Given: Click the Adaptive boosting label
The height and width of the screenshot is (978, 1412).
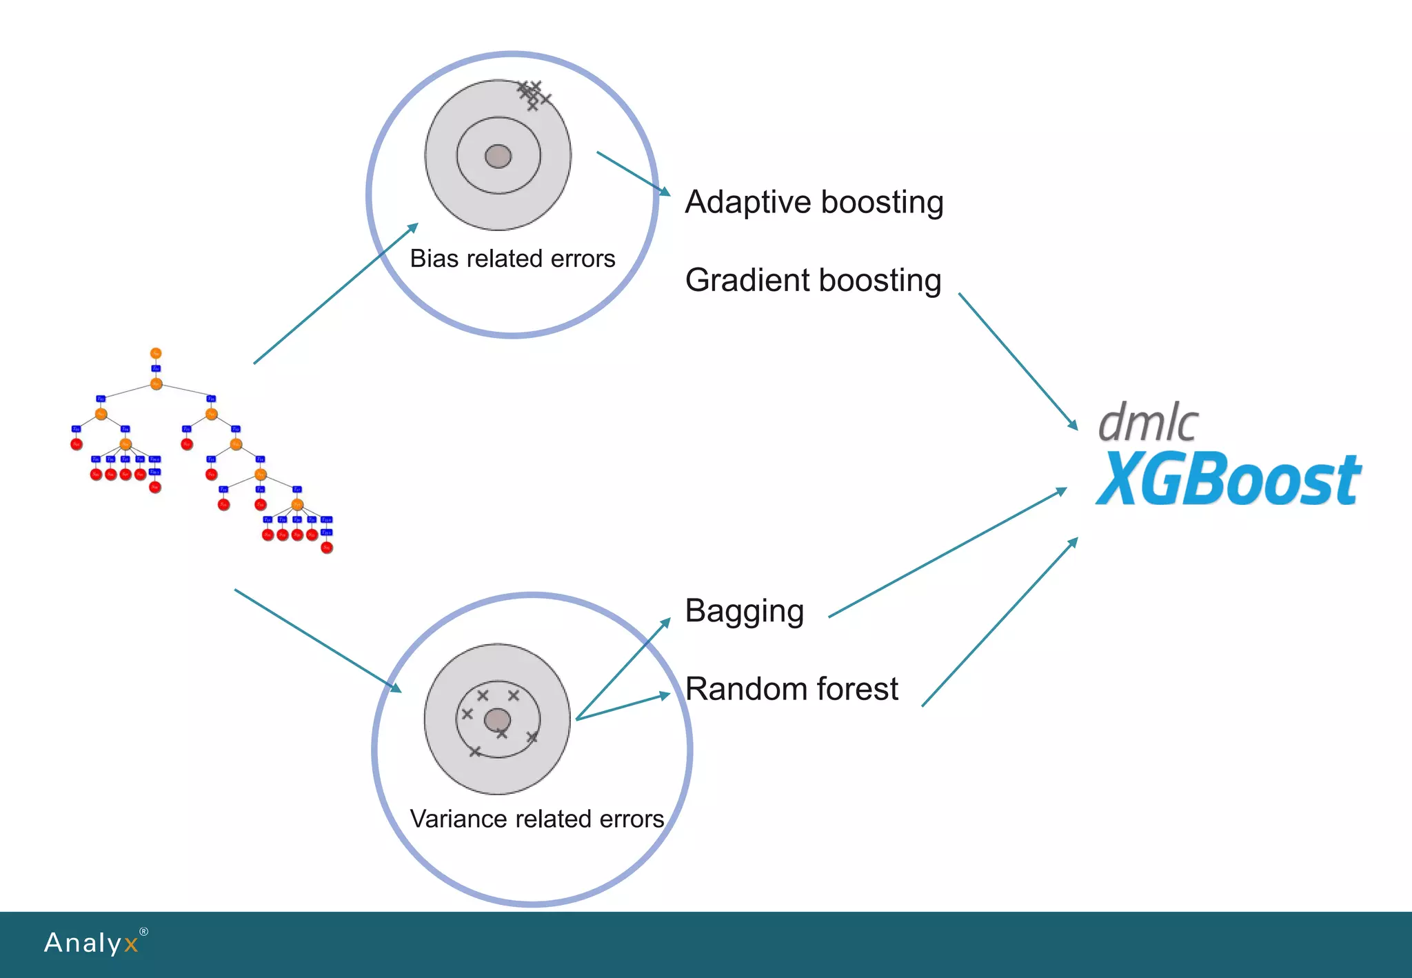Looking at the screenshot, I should pyautogui.click(x=814, y=203).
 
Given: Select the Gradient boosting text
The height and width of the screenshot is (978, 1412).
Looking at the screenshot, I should pyautogui.click(x=813, y=281).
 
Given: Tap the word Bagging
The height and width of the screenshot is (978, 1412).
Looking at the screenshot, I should pyautogui.click(x=744, y=612).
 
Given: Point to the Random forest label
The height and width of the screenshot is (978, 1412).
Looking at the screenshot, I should pyautogui.click(x=791, y=689).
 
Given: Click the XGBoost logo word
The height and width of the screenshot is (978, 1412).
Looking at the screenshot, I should pyautogui.click(x=1228, y=479).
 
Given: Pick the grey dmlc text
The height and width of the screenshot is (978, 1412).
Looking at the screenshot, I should pyautogui.click(x=1148, y=422).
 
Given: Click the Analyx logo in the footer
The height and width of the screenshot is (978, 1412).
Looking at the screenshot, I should pyautogui.click(x=92, y=943).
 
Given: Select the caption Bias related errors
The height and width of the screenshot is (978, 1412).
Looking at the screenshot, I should pyautogui.click(x=512, y=259).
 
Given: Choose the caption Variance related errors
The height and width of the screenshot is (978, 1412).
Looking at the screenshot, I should pyautogui.click(x=536, y=819).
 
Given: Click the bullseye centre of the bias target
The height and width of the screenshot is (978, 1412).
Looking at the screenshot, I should pyautogui.click(x=498, y=157).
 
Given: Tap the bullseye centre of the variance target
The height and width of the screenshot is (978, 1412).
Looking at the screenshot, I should pyautogui.click(x=497, y=721).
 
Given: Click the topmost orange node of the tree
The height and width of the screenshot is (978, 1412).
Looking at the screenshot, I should pyautogui.click(x=156, y=353).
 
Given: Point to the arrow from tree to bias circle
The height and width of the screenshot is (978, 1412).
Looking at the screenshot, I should pyautogui.click(x=336, y=293).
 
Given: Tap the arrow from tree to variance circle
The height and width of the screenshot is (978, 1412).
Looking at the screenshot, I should pyautogui.click(x=317, y=640).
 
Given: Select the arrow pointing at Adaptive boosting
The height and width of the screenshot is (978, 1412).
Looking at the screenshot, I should pyautogui.click(x=633, y=173).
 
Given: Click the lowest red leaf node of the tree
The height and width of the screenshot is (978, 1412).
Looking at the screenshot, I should pyautogui.click(x=327, y=548).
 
